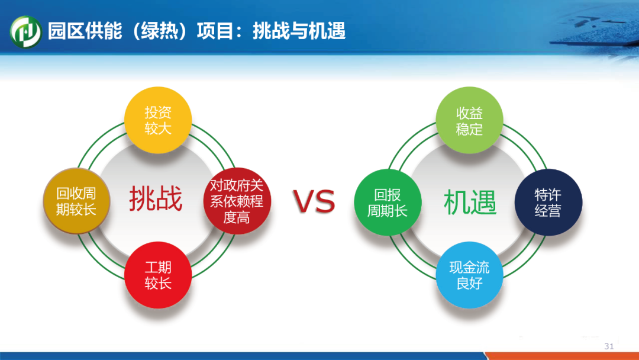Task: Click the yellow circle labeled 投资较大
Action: pos(158,120)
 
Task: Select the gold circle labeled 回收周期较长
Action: pos(76,201)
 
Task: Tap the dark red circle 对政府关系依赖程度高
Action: pos(237,201)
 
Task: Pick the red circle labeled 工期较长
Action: pos(158,275)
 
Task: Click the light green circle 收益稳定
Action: pos(469,120)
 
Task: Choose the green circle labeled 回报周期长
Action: pos(388,202)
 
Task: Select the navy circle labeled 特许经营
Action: pos(548,202)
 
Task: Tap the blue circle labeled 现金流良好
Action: pos(469,275)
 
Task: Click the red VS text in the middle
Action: pos(314,201)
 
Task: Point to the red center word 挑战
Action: pos(156,199)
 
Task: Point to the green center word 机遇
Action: pos(470,202)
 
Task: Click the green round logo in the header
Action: pos(25,32)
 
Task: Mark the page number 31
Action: pos(609,346)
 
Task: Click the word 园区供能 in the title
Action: pos(85,31)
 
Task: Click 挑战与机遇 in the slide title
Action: pos(299,31)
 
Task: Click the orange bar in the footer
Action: pos(561,356)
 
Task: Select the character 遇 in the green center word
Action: pos(484,202)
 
